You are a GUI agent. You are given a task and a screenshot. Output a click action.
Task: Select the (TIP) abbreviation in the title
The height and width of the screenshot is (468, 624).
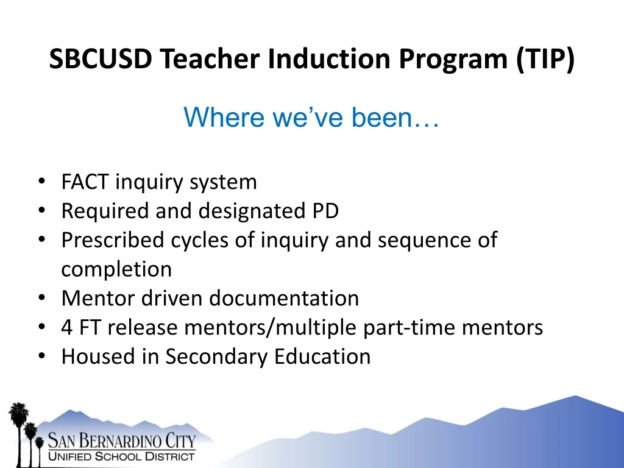[545, 59]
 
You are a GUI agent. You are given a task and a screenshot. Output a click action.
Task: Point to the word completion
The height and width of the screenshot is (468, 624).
[116, 269]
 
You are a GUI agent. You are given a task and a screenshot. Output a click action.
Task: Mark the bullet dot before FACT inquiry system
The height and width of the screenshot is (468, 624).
[41, 182]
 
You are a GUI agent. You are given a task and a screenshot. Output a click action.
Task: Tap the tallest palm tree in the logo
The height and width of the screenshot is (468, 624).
[18, 427]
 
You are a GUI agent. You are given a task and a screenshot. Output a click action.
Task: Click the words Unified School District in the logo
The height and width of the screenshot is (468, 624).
[121, 456]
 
